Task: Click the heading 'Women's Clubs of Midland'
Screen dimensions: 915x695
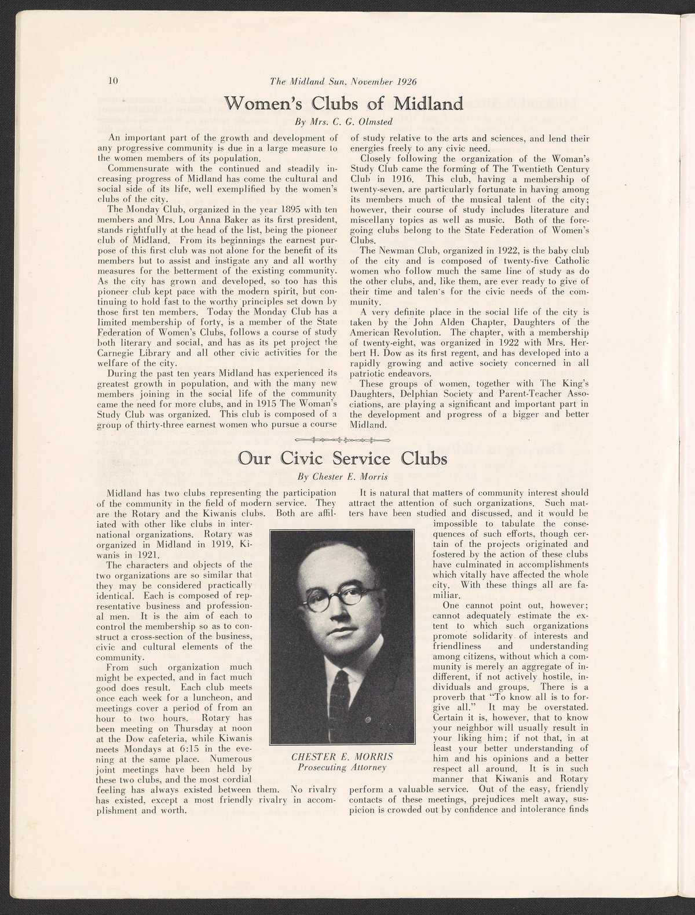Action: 347,104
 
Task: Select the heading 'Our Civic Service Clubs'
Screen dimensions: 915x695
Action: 343,459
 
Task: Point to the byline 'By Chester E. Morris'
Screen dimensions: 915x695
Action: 342,478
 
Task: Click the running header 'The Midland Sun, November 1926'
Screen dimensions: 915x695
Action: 344,82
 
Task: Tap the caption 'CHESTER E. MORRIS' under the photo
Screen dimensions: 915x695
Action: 342,757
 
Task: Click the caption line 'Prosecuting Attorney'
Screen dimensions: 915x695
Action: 342,768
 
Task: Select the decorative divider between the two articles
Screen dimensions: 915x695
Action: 343,439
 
